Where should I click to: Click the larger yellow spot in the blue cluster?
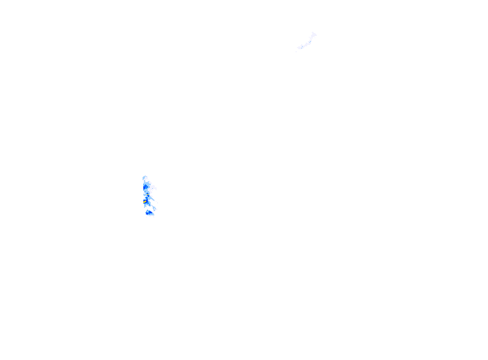pyautogui.click(x=145, y=201)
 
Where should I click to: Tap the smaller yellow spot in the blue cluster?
pyautogui.click(x=148, y=194)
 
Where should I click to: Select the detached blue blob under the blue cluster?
pyautogui.click(x=149, y=212)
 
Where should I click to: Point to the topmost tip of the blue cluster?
pyautogui.click(x=145, y=176)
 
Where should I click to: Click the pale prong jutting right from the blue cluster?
pyautogui.click(x=155, y=187)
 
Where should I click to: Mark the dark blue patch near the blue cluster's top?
pyautogui.click(x=146, y=186)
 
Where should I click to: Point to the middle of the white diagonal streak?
pyautogui.click(x=306, y=44)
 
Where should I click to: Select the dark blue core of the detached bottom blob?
pyautogui.click(x=148, y=213)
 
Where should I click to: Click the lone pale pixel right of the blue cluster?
pyautogui.click(x=157, y=203)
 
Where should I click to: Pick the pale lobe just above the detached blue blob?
pyautogui.click(x=154, y=209)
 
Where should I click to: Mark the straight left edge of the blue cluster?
pyautogui.click(x=143, y=192)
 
